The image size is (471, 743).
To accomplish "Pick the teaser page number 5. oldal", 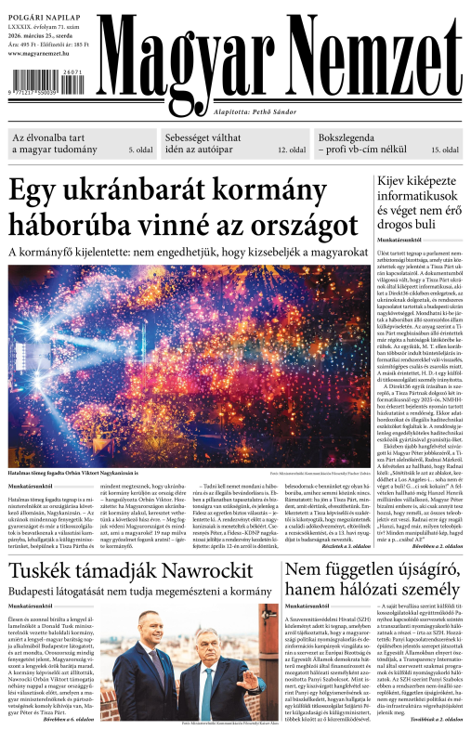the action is point(141,150).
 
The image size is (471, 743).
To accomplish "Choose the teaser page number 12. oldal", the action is point(293,150).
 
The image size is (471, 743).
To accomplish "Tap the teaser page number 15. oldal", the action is point(443,150).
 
